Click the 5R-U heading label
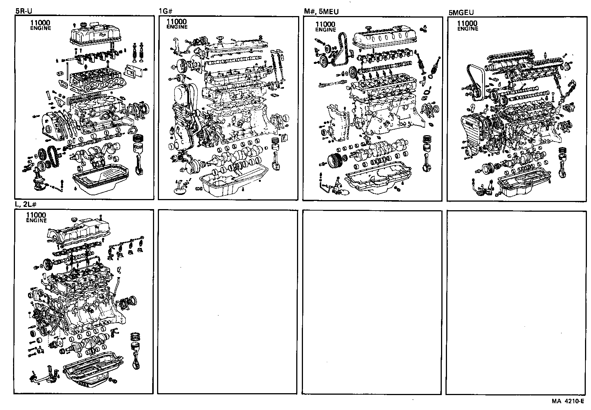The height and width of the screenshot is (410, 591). click(x=24, y=11)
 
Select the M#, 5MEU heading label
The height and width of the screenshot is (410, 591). click(x=321, y=12)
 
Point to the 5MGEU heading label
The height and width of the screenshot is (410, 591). click(x=461, y=12)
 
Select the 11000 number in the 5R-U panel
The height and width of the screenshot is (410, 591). click(x=40, y=23)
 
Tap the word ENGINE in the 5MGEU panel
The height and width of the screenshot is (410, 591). click(x=468, y=29)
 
